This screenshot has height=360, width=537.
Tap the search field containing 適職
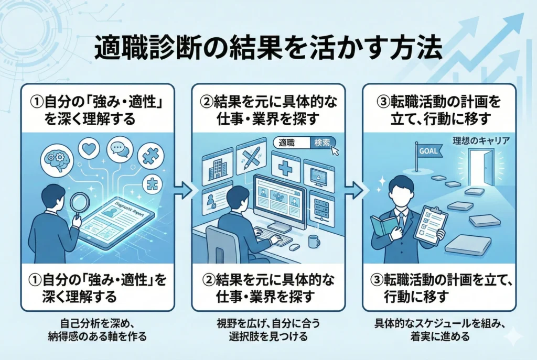tap(291, 142)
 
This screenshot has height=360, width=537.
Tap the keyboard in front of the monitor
tap(272, 237)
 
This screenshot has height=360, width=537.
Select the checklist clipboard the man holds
tap(431, 226)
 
